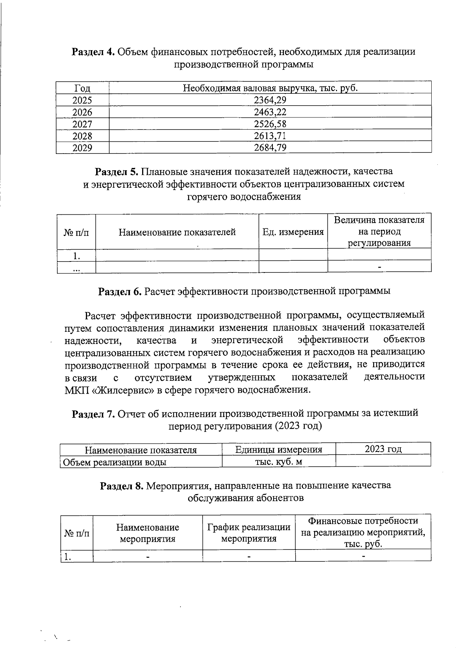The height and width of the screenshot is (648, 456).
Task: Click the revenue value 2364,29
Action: [x=270, y=100]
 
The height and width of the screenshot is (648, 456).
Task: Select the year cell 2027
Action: [x=82, y=124]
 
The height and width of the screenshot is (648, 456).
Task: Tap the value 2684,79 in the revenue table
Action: [x=270, y=147]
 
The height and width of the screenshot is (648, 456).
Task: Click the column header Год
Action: [x=82, y=88]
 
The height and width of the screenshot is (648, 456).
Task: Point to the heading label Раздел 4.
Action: [x=93, y=52]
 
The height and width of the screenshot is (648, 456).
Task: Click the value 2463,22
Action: [x=270, y=112]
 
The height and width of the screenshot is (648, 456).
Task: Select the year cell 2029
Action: [x=82, y=147]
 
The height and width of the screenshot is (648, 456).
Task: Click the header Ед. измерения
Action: [x=293, y=232]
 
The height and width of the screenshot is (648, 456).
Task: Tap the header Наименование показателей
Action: [x=177, y=232]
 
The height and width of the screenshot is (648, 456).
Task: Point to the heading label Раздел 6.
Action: [x=120, y=292]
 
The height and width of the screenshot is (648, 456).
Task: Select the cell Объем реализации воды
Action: [x=114, y=462]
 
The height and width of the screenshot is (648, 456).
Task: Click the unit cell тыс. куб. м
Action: [x=279, y=462]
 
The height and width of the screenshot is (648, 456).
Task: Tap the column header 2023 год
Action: [x=383, y=449]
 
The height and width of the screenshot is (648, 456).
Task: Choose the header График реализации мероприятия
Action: [x=249, y=533]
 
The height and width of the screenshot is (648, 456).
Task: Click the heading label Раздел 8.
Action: [x=121, y=486]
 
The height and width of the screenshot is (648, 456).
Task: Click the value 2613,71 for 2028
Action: [x=270, y=136]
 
